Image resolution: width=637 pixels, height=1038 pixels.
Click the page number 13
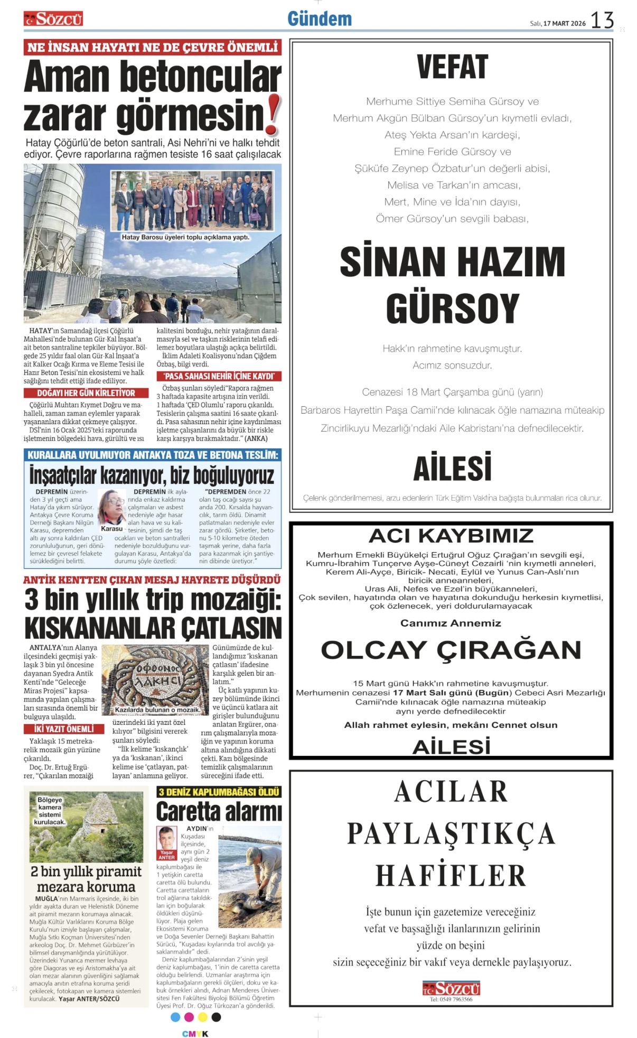[602, 21]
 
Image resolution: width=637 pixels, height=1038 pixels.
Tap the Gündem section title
[320, 19]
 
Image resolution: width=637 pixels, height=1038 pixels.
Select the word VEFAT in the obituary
[452, 67]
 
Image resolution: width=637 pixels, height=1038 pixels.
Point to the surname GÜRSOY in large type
[453, 308]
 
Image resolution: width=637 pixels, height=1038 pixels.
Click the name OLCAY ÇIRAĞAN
[451, 650]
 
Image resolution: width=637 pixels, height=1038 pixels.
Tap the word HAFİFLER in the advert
[451, 875]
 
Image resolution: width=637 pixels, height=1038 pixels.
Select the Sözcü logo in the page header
[53, 20]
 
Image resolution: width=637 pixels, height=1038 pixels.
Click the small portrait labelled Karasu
[111, 508]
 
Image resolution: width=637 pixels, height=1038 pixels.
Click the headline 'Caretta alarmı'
[219, 811]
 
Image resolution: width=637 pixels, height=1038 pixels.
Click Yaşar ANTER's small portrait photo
[166, 838]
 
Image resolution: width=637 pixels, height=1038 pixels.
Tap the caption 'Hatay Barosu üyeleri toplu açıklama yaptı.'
[185, 237]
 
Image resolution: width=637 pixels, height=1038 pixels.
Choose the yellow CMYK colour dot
[203, 1017]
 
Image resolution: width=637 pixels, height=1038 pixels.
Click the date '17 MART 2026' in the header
[565, 23]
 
